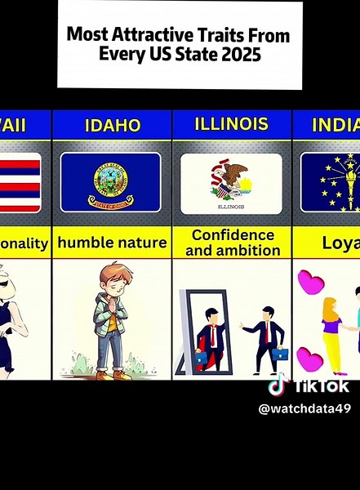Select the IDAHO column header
click(x=112, y=125)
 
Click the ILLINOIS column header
click(x=232, y=124)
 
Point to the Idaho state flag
click(x=110, y=182)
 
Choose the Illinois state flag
click(x=231, y=184)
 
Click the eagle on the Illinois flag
click(x=233, y=176)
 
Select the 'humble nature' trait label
click(x=112, y=243)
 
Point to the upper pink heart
click(x=310, y=283)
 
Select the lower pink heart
click(x=312, y=359)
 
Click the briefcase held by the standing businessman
click(x=279, y=354)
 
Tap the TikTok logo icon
click(x=279, y=385)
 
